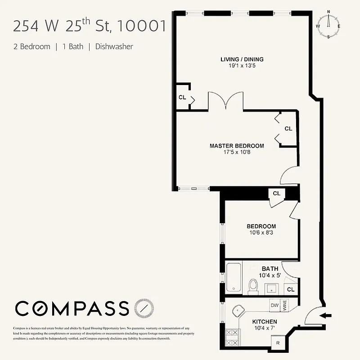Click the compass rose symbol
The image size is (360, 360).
coord(328,24)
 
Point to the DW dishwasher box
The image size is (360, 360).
coord(274,306)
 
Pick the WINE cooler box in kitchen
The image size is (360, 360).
coord(284,306)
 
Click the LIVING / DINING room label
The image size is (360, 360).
coord(242,59)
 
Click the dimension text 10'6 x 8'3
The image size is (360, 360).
coord(261,233)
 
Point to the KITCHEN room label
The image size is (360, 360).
coord(264,322)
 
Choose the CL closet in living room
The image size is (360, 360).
coord(182,97)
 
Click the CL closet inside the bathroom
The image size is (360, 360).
coord(291,289)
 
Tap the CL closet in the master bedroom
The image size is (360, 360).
coord(288,129)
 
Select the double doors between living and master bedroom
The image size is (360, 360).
coord(225,100)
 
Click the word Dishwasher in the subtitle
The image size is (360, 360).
coord(114,46)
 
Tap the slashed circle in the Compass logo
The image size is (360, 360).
coord(144,308)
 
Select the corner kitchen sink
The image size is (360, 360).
coord(240,311)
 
